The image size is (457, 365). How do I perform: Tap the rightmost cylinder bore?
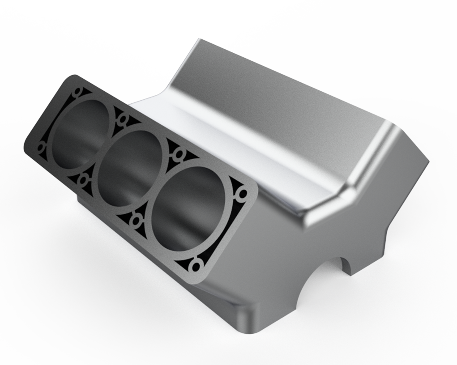point(188,210)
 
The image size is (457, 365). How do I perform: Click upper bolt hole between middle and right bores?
point(179,154)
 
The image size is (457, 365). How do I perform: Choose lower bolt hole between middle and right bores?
point(135,220)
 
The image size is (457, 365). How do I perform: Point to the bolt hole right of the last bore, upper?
point(243,194)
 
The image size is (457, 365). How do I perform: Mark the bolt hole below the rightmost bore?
point(196,267)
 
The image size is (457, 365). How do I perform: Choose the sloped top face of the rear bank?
point(286,98)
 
